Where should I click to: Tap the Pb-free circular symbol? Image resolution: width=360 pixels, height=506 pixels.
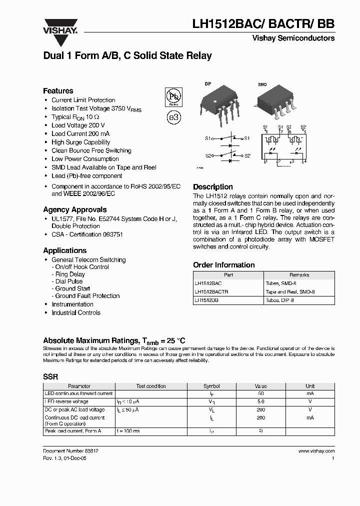(173, 96)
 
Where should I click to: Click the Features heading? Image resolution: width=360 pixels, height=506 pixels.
(58, 91)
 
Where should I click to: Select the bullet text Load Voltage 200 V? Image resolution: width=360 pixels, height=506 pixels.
(78, 125)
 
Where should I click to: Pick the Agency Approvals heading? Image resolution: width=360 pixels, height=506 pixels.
(74, 210)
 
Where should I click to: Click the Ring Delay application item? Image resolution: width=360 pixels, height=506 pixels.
(70, 274)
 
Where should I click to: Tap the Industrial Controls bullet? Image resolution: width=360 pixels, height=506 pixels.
(76, 313)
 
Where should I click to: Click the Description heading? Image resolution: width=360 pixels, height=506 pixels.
(213, 187)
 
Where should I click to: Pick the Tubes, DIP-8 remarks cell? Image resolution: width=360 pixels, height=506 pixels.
(280, 300)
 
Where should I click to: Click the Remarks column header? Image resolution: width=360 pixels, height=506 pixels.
(299, 275)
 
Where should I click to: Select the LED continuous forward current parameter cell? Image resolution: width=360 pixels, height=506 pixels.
(79, 394)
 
